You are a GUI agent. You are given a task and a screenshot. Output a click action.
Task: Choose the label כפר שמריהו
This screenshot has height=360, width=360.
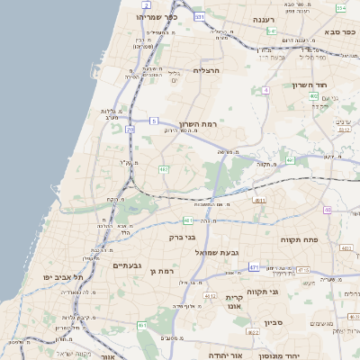[180, 17]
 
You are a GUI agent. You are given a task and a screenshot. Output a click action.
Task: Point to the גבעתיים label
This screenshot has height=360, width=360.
[126, 265]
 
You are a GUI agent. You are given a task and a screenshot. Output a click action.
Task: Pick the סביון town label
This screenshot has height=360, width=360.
[274, 321]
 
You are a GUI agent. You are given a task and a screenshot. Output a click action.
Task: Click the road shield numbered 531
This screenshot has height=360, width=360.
[200, 17]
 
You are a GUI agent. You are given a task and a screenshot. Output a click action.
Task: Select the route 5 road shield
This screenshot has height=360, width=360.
[154, 121]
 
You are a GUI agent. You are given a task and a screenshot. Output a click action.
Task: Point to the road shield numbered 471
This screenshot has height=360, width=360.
[255, 267]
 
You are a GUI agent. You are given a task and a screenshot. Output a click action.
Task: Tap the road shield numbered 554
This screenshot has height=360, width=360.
[341, 7]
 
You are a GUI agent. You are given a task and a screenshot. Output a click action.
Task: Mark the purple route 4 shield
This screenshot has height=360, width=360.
[266, 90]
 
